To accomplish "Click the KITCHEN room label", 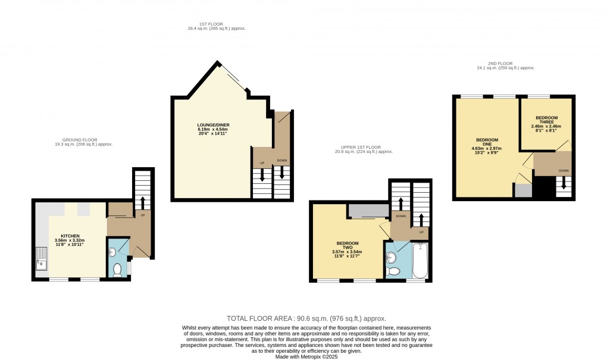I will tap(70, 236).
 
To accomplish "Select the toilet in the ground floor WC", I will tap(117, 271).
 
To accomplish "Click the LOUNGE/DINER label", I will tap(213, 125).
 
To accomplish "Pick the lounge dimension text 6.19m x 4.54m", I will tap(213, 129).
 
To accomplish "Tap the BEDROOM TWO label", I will tap(348, 245).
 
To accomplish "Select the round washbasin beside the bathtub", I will tap(392, 258).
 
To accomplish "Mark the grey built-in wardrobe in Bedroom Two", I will tap(368, 211).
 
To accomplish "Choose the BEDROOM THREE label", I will tap(546, 120).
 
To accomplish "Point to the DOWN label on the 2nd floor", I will tap(563, 171).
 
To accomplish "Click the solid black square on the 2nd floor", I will tap(544, 187).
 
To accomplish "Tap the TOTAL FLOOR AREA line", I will tap(306, 318).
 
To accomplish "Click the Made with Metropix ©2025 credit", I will tap(306, 356).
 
